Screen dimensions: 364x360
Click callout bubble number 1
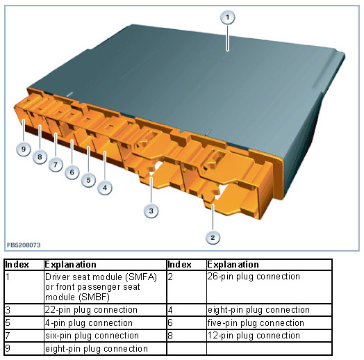pyautogui.click(x=228, y=17)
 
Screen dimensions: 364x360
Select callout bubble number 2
pyautogui.click(x=213, y=238)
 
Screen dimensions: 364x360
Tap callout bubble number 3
pyautogui.click(x=151, y=211)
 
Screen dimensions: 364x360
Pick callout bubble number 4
pyautogui.click(x=105, y=188)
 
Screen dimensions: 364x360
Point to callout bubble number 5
pyautogui.click(x=88, y=180)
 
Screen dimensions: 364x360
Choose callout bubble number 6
pyautogui.click(x=72, y=172)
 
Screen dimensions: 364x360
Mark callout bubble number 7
pyautogui.click(x=56, y=165)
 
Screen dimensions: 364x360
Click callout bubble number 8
pyautogui.click(x=40, y=157)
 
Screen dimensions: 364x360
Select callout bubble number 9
pyautogui.click(x=24, y=149)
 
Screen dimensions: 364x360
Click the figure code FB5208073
pyautogui.click(x=24, y=245)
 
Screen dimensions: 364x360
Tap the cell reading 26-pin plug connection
pyautogui.click(x=254, y=277)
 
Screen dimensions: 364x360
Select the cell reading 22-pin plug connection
pyautogui.click(x=91, y=310)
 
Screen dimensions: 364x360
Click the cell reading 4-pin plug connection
pyautogui.click(x=89, y=323)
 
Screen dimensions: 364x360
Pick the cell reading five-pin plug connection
pyautogui.click(x=256, y=323)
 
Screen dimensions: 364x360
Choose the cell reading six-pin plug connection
pyautogui.click(x=92, y=336)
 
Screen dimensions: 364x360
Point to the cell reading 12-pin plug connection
pyautogui.click(x=254, y=336)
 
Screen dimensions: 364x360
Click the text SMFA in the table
pyautogui.click(x=142, y=277)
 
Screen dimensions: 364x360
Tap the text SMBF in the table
pyautogui.click(x=94, y=297)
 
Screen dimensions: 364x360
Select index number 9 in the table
pyautogui.click(x=8, y=348)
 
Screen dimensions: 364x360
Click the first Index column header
pyautogui.click(x=17, y=265)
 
